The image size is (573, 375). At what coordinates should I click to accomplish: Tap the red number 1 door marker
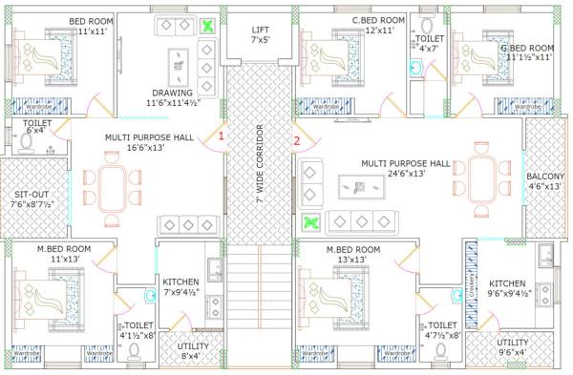tap(222, 137)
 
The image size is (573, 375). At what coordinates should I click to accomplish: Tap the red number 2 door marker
tap(296, 141)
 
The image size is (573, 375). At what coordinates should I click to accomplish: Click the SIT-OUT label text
tap(33, 197)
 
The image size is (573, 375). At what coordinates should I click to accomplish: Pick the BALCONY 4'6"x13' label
tap(545, 181)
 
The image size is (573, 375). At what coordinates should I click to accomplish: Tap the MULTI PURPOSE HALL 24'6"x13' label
tap(405, 169)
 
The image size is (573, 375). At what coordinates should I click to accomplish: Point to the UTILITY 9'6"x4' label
tap(512, 347)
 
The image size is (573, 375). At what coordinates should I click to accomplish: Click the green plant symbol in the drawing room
tap(207, 27)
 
